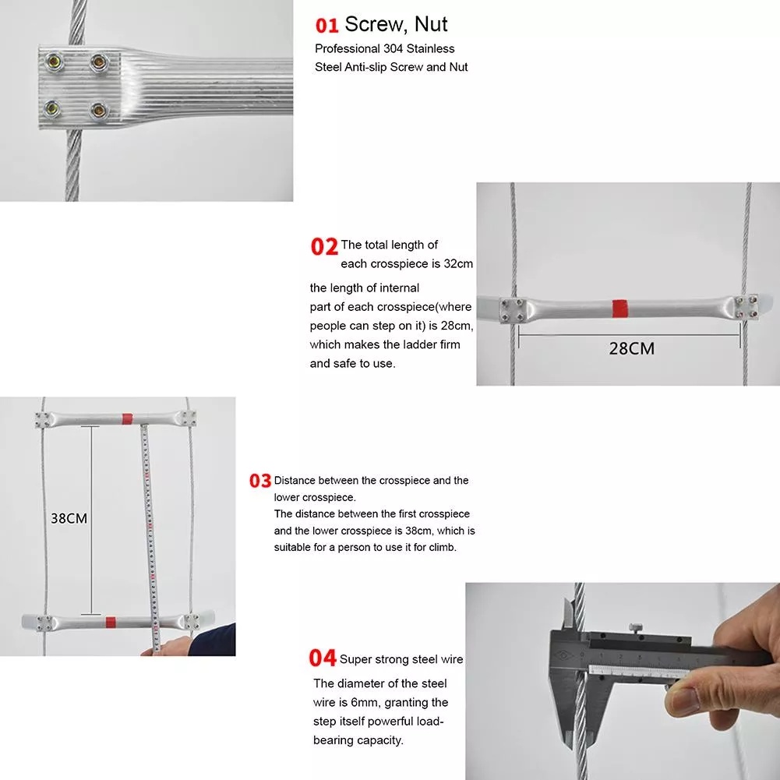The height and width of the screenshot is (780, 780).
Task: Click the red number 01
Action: tap(326, 26)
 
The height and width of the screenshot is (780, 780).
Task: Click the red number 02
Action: tap(324, 246)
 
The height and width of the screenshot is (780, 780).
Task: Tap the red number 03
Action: tap(260, 481)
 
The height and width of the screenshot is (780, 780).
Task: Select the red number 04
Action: tap(323, 658)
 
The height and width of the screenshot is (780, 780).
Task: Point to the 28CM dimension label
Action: tap(632, 348)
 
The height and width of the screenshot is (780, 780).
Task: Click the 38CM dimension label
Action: tap(69, 518)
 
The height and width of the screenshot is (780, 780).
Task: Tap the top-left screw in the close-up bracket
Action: tap(53, 62)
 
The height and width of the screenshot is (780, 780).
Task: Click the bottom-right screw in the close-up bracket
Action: tap(99, 110)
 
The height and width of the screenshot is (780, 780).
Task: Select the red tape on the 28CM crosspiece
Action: tap(619, 308)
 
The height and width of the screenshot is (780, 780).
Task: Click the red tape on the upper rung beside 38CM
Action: tap(127, 418)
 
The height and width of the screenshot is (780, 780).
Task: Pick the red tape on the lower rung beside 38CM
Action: tap(111, 622)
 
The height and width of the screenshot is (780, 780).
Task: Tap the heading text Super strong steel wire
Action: tap(401, 660)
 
